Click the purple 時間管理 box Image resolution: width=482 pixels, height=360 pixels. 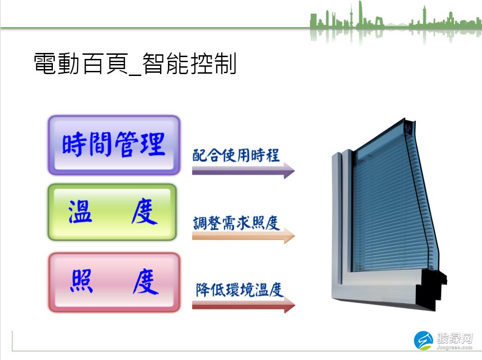tap(114, 145)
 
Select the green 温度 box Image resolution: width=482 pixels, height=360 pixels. tap(112, 212)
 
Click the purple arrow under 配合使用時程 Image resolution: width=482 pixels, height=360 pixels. tap(243, 170)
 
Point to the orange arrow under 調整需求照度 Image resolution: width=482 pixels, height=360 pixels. tap(243, 236)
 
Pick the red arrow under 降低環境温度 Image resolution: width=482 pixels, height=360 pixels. tap(243, 305)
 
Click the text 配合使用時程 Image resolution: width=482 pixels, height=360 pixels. tap(236, 155)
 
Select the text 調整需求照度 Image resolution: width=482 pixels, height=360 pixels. tap(236, 223)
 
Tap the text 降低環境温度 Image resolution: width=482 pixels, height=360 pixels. tap(240, 290)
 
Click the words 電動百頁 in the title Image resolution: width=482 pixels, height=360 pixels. tap(81, 64)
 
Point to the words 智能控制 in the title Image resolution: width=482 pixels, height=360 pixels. tap(189, 64)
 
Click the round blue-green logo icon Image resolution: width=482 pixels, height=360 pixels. tap(423, 341)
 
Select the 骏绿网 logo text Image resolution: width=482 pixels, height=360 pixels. tap(455, 338)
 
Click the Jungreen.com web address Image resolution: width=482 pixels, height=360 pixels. tap(454, 348)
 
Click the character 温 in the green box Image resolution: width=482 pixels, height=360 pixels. tap(80, 212)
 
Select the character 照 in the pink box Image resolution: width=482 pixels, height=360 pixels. tap(82, 281)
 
